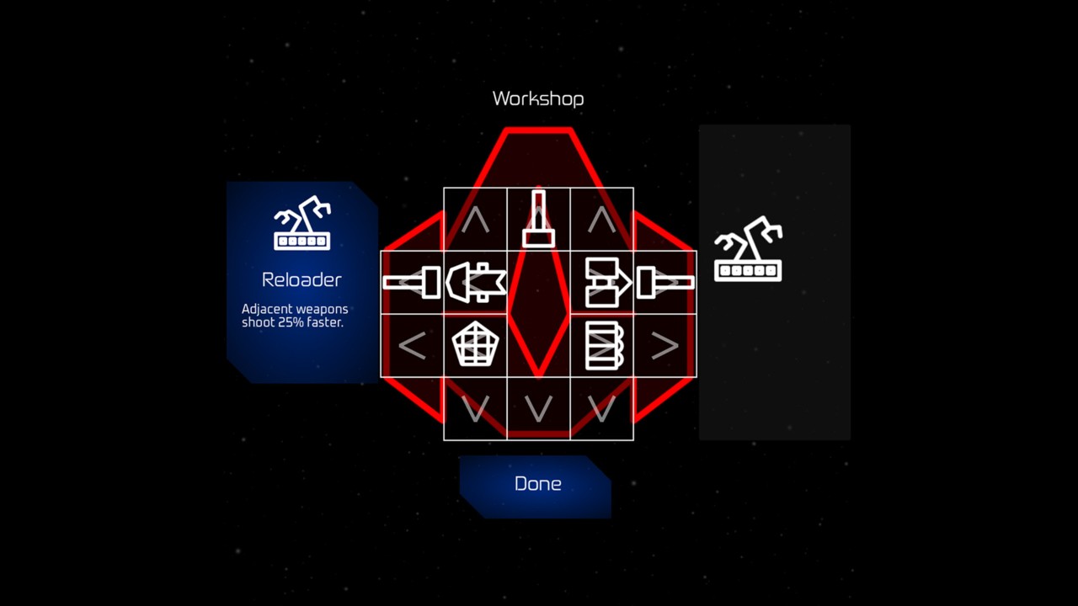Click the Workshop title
pos(538,98)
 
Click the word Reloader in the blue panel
pos(302,279)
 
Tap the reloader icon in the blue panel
pos(302,224)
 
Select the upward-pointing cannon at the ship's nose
pos(538,219)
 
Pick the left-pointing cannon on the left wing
pos(412,282)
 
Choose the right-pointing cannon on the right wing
pos(665,282)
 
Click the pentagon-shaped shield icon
pos(475,345)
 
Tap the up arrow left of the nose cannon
pos(475,220)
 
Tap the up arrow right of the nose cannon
pos(601,220)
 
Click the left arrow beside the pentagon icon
pos(412,345)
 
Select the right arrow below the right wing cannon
pos(665,345)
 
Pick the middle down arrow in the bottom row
pos(538,409)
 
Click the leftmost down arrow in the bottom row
pos(475,409)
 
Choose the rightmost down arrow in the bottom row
pos(601,409)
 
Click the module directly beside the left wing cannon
pos(475,282)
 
